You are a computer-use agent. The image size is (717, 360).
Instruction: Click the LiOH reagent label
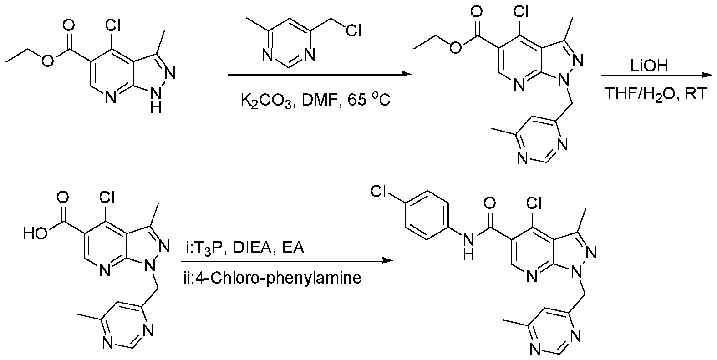click(x=649, y=66)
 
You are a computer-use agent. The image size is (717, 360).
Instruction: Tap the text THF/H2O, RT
click(x=655, y=94)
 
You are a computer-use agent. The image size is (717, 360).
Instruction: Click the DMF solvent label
click(x=320, y=101)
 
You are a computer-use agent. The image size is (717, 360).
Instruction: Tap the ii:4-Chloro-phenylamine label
click(x=272, y=278)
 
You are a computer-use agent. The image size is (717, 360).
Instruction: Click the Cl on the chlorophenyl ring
click(x=379, y=192)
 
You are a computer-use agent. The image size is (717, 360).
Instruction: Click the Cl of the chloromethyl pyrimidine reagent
click(x=353, y=31)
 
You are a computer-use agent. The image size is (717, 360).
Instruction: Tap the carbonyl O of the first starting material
click(x=68, y=25)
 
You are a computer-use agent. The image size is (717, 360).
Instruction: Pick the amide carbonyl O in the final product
click(x=490, y=203)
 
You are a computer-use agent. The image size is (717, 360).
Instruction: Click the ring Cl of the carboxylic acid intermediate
click(x=107, y=197)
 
